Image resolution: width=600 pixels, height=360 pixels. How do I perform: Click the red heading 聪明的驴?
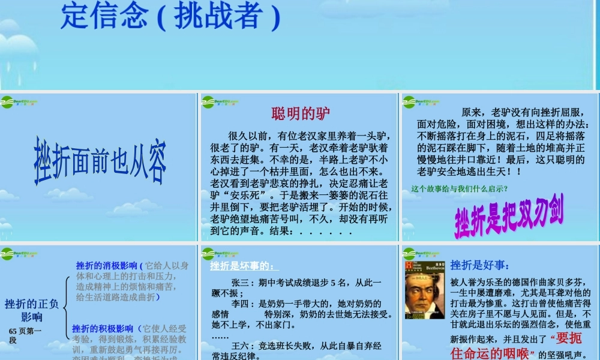301,113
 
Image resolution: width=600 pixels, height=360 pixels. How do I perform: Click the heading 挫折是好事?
480,265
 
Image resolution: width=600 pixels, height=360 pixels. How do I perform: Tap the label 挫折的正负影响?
32,310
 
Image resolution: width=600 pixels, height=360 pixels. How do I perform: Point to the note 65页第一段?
25,335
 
